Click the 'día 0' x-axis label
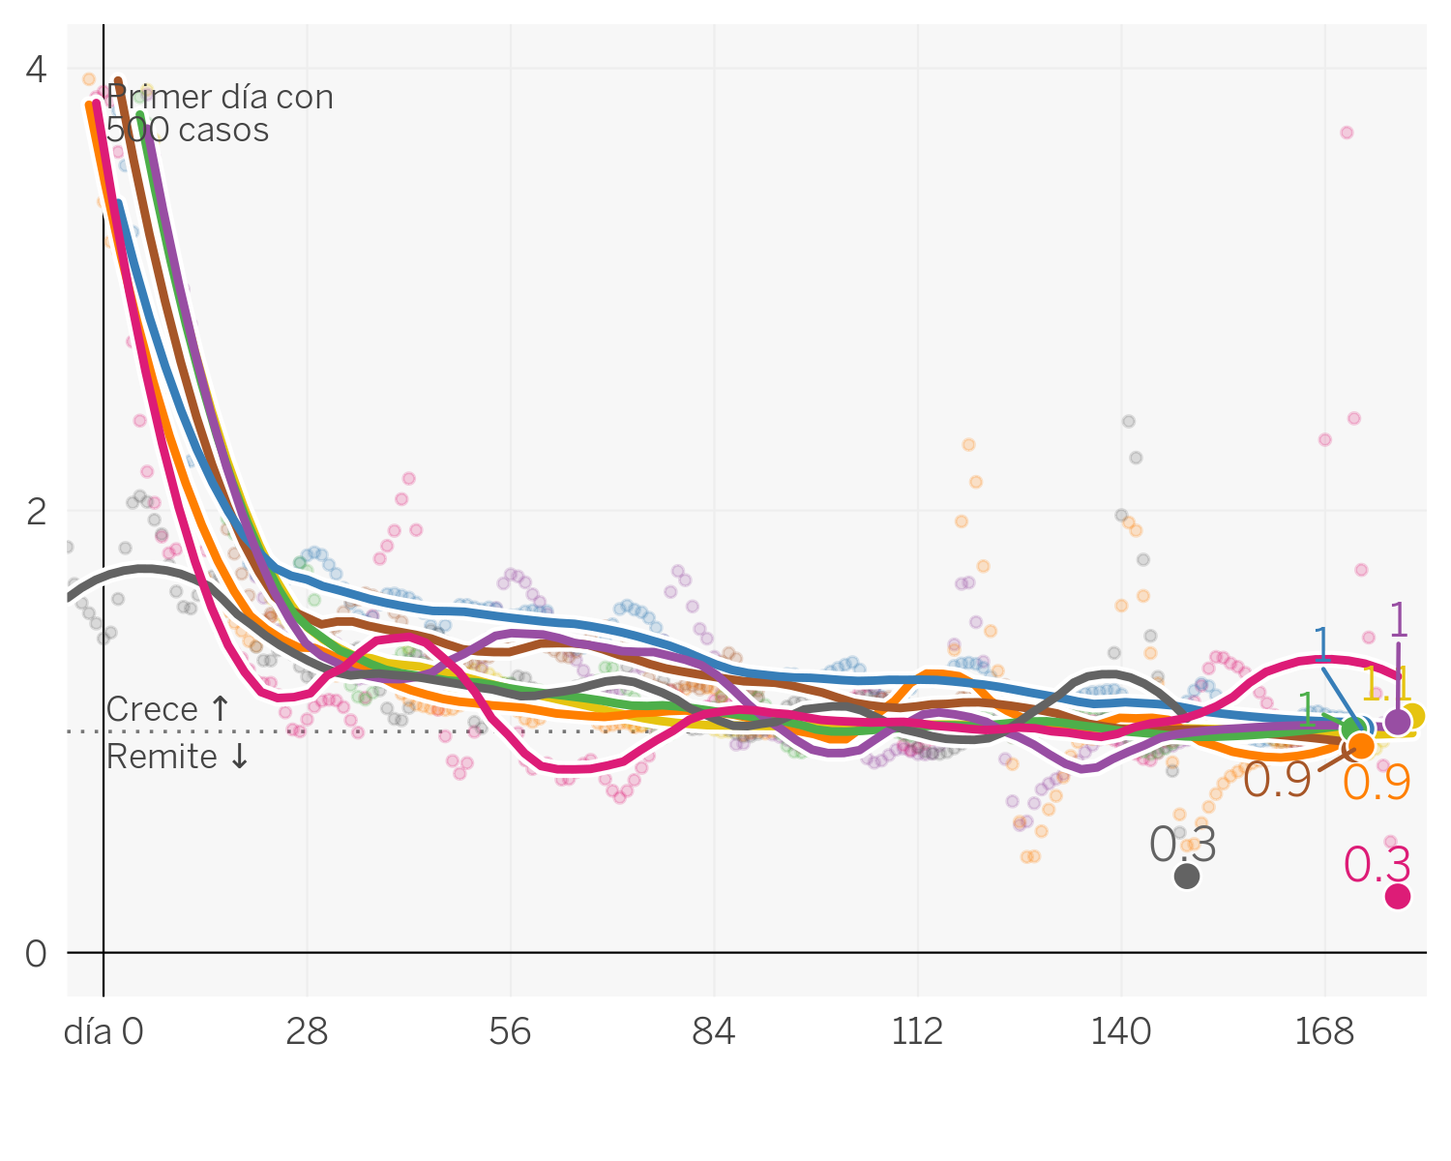tap(104, 1033)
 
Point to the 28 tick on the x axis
tap(307, 1033)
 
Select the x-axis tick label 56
tap(510, 1033)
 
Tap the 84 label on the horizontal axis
tap(714, 1033)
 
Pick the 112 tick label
tap(917, 1033)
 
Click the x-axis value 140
tap(1121, 1033)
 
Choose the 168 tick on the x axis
tap(1324, 1033)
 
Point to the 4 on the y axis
tap(37, 70)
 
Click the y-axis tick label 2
tap(37, 512)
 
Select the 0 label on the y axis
tap(37, 955)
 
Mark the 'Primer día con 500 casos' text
tap(220, 113)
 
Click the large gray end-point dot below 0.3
tap(1187, 877)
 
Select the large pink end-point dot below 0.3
tap(1398, 897)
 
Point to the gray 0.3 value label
tap(1182, 846)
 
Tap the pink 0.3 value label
tap(1377, 865)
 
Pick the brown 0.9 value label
tap(1277, 781)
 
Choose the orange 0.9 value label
tap(1377, 783)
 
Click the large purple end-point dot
tap(1398, 722)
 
